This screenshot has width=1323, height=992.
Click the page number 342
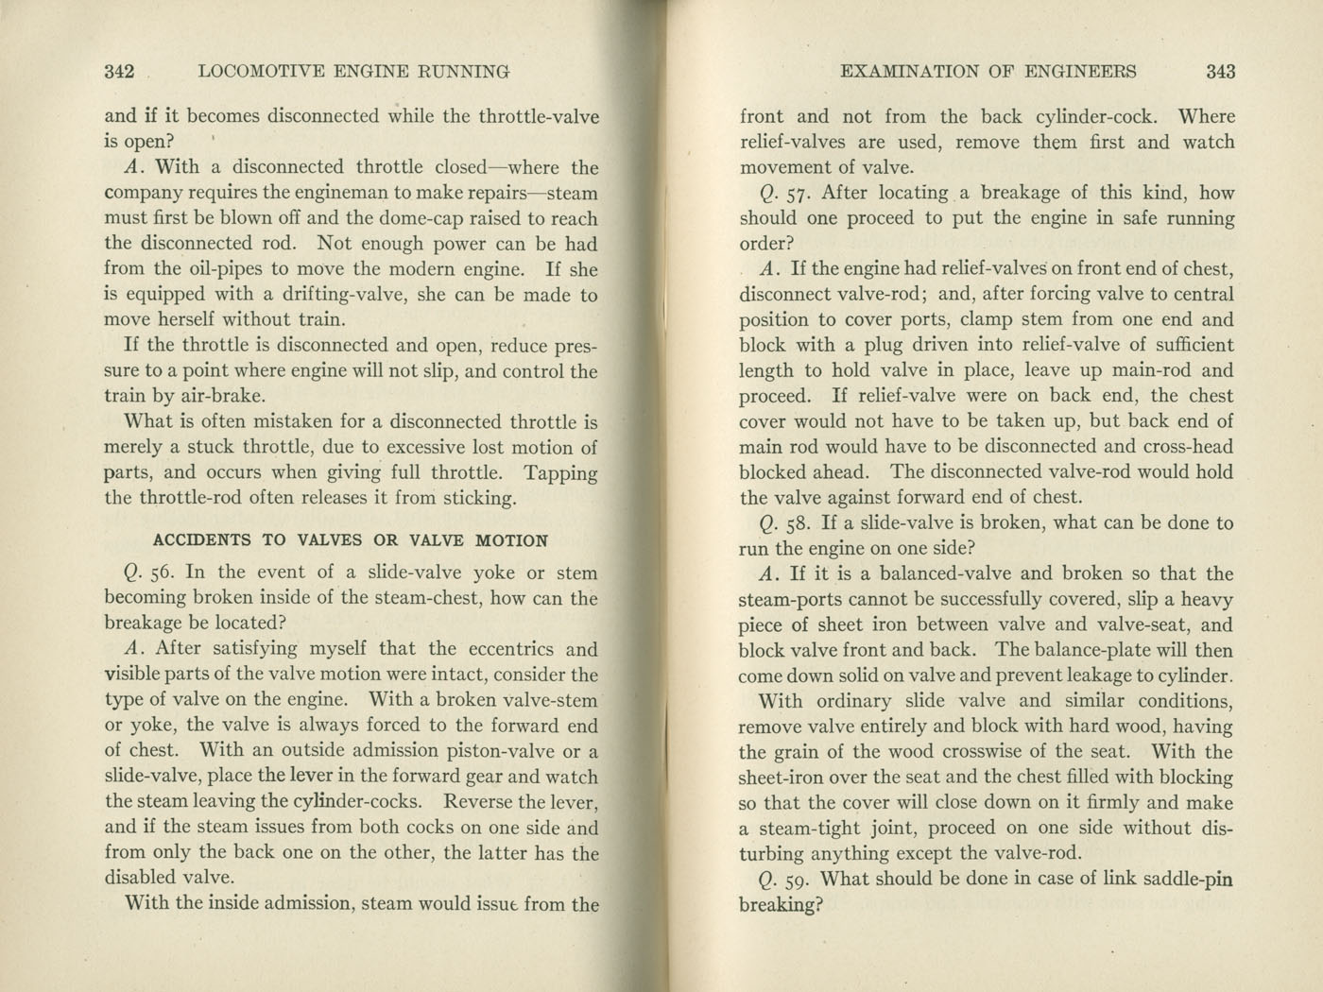[120, 71]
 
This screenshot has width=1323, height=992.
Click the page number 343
[1220, 71]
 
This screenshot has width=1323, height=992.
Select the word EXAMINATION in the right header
[906, 71]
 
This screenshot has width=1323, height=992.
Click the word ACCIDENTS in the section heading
[201, 540]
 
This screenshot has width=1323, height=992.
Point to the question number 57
[799, 193]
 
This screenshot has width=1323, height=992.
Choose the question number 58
[799, 522]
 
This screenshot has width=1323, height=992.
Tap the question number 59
[799, 879]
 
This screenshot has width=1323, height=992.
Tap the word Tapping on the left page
[560, 472]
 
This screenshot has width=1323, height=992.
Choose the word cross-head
[1186, 447]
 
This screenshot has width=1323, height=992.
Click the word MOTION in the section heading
[511, 540]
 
